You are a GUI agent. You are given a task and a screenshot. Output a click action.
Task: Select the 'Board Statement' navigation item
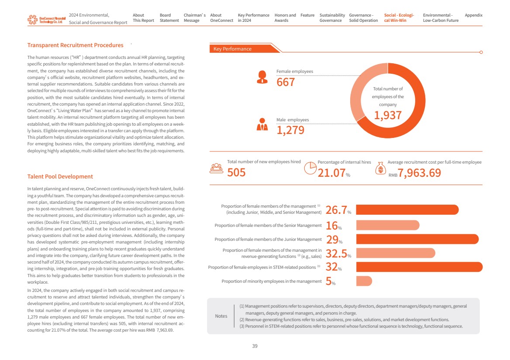click(x=169, y=18)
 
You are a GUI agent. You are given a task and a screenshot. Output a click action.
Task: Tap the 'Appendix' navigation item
click(x=473, y=15)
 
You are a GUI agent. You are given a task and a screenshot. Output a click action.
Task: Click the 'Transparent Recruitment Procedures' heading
click(x=75, y=45)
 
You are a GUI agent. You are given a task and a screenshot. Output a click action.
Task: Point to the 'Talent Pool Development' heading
click(x=60, y=176)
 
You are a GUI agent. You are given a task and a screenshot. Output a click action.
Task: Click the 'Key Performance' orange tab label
click(x=232, y=49)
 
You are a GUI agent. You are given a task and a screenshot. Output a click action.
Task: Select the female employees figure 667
click(x=286, y=82)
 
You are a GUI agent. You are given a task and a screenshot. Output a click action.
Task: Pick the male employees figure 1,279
click(x=290, y=130)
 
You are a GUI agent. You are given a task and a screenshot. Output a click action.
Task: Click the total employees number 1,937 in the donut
click(x=387, y=115)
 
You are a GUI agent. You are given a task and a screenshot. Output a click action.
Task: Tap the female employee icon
click(x=262, y=77)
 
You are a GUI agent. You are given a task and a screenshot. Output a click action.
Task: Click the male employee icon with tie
click(x=262, y=125)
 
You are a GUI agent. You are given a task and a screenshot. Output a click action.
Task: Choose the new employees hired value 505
click(x=236, y=173)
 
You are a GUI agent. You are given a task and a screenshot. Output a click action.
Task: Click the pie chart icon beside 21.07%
click(x=310, y=168)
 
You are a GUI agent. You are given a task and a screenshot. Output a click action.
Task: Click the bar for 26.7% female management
click(x=407, y=209)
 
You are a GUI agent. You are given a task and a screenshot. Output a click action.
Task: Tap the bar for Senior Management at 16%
click(x=387, y=225)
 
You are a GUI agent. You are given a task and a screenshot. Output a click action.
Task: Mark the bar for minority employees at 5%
click(x=364, y=281)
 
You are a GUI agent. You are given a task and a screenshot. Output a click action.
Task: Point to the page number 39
click(x=255, y=346)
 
